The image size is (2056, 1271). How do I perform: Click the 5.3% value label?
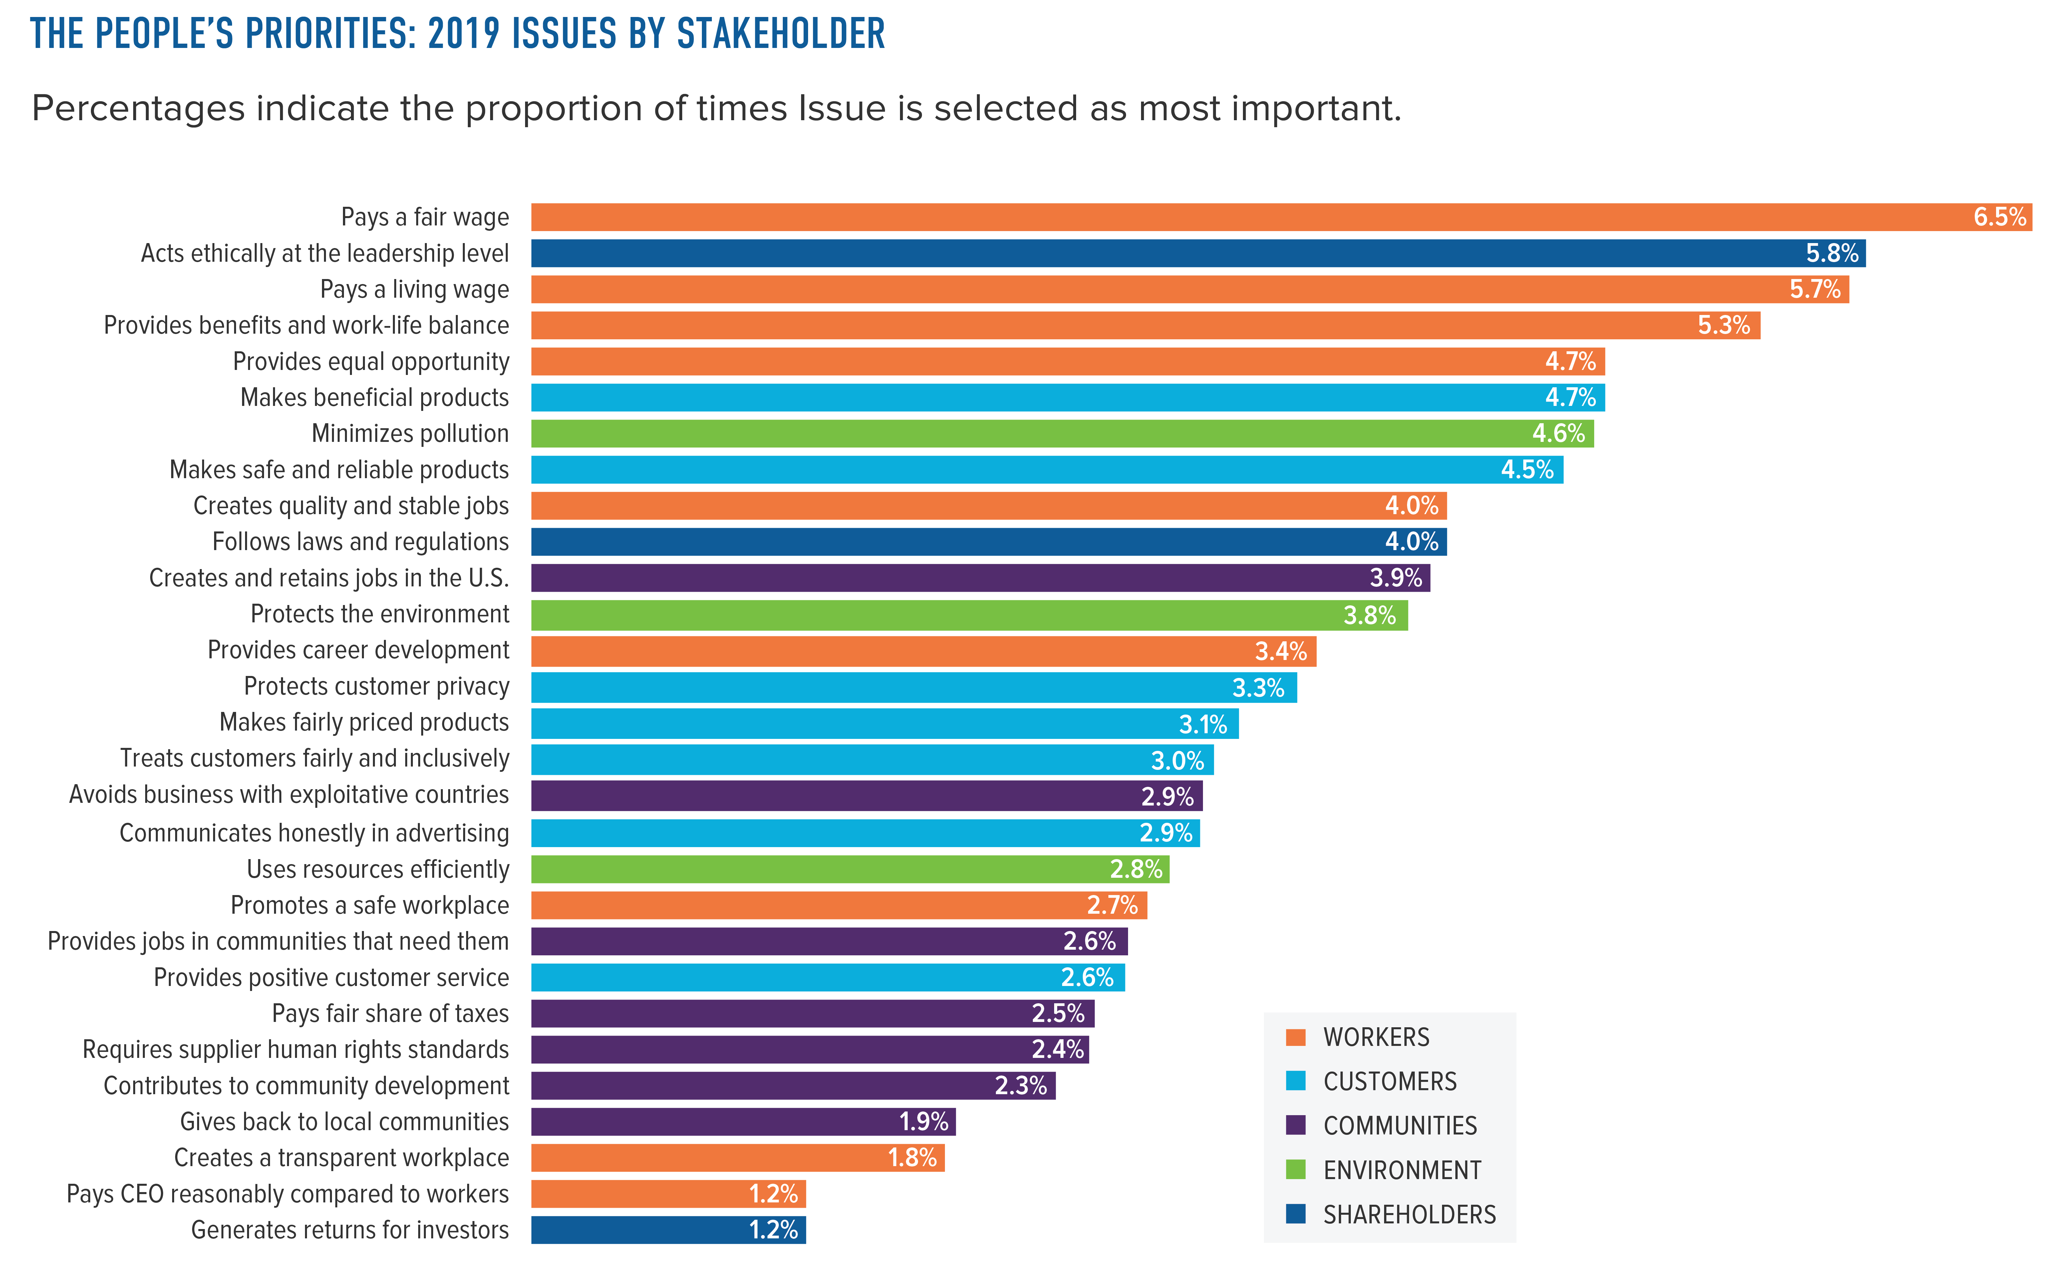[x=1723, y=325]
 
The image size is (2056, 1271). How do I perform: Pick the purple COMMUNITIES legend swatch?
[x=1295, y=1125]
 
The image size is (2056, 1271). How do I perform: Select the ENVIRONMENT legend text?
[x=1402, y=1170]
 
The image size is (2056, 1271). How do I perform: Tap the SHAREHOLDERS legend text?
[x=1410, y=1215]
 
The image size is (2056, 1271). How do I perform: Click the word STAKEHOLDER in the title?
[x=781, y=35]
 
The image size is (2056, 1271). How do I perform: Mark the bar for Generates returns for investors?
[x=668, y=1230]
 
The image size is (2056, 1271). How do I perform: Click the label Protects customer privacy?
[x=377, y=687]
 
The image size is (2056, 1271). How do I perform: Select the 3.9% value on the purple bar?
[x=1395, y=578]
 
